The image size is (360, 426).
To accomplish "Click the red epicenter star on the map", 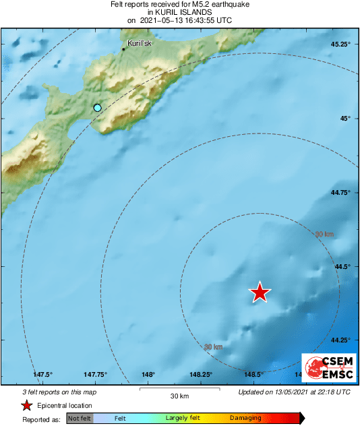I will point(260,292).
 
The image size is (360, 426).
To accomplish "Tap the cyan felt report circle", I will point(98,108).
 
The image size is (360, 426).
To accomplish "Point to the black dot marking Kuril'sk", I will point(124,49).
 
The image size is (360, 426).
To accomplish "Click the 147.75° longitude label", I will point(95,374).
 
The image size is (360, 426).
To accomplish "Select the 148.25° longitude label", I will point(201,374).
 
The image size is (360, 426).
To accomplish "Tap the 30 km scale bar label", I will point(179,396).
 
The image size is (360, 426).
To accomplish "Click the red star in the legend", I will point(26,405).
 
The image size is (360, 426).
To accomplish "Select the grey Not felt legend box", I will point(80,419).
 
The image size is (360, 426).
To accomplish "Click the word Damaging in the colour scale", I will point(246,419).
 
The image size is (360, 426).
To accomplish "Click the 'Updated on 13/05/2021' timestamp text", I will point(294,392).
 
